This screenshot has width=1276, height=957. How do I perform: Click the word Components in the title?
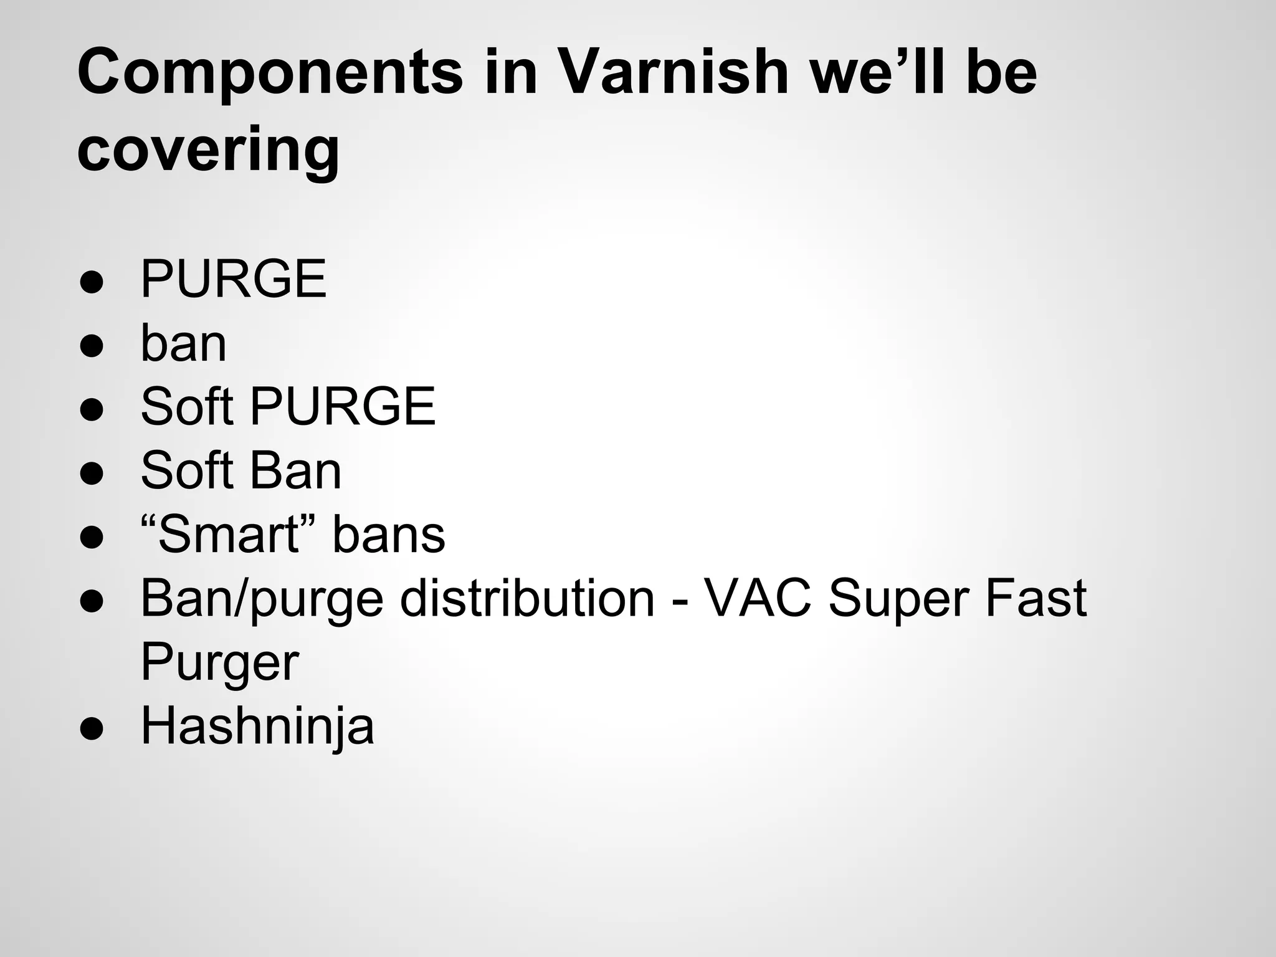(270, 74)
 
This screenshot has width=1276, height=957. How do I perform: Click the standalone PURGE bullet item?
(234, 279)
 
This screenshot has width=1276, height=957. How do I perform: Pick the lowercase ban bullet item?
(184, 343)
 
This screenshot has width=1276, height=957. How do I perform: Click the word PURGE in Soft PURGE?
(343, 406)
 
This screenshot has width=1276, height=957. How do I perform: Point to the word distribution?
(527, 598)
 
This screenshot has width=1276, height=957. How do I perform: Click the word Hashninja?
(257, 726)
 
